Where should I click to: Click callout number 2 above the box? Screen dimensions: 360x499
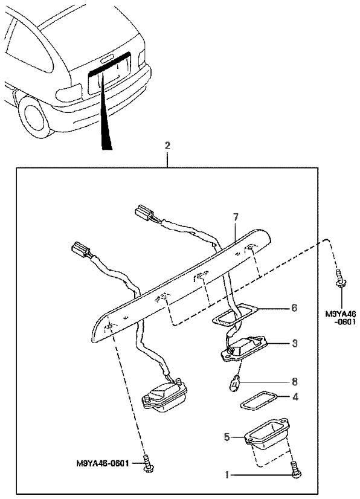coord(167,146)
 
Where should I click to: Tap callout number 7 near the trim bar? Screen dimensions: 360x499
coord(236,217)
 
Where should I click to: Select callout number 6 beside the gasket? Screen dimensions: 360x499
coord(294,307)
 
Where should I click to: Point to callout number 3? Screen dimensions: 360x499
coord(295,343)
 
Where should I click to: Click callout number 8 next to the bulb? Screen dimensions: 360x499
coord(294,381)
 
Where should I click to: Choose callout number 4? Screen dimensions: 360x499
coord(295,396)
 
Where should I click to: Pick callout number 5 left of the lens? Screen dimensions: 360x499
coord(227,437)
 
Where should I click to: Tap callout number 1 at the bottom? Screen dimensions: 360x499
coord(227,475)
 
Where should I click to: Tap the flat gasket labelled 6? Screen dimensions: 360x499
coord(236,315)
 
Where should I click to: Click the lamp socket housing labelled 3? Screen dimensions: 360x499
coord(245,349)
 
